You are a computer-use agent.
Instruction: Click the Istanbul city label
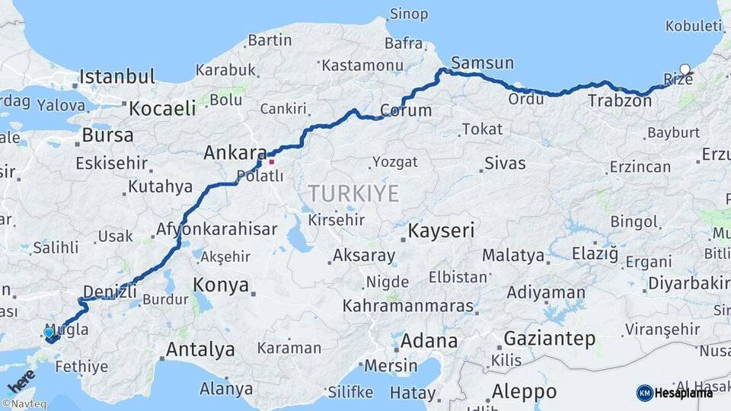[x=117, y=76]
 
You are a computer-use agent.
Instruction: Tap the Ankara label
[x=235, y=153]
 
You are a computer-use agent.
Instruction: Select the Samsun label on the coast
[x=482, y=62]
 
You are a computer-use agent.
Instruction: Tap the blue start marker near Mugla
[x=49, y=333]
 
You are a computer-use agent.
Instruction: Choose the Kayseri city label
[x=442, y=231]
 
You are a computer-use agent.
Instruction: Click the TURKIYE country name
[x=353, y=193]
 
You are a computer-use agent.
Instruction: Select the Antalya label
[x=200, y=350]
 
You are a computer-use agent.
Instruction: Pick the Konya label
[x=221, y=285]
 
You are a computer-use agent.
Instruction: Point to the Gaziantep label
[x=549, y=339]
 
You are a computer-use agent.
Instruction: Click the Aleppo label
[x=523, y=391]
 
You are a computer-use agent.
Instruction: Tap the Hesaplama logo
[x=675, y=393]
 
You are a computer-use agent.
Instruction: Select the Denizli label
[x=109, y=291]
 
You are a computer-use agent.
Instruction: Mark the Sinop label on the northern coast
[x=409, y=14]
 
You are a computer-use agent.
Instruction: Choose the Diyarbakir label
[x=688, y=283]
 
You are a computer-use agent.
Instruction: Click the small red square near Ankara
[x=271, y=161]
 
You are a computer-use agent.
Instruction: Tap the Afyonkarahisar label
[x=216, y=228]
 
